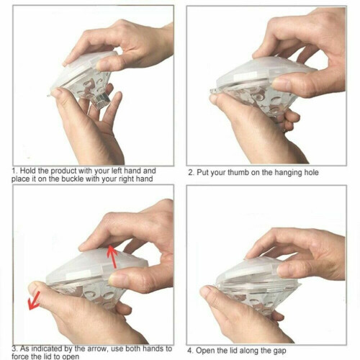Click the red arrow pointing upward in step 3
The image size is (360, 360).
click(x=112, y=256)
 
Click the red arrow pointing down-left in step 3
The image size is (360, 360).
click(x=34, y=300)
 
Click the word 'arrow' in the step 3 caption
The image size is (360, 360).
click(x=96, y=348)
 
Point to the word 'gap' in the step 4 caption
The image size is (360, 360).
click(x=279, y=351)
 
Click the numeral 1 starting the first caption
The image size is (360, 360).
click(x=14, y=171)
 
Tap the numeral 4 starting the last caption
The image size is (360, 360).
click(x=190, y=351)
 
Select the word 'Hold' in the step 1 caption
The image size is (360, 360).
click(x=28, y=171)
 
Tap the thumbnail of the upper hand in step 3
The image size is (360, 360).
click(x=115, y=279)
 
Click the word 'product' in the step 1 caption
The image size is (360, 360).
click(x=63, y=171)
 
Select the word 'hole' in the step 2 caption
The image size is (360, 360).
click(x=311, y=173)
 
